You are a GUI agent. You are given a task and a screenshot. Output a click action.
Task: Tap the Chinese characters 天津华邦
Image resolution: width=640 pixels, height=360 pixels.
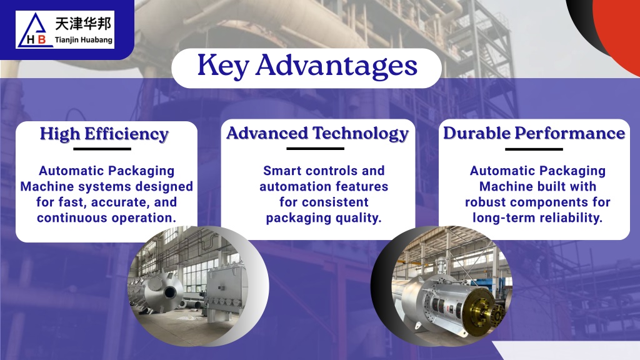click(x=83, y=24)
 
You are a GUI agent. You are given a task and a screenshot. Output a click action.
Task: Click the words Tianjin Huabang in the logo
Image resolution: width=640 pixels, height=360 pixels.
click(x=84, y=40)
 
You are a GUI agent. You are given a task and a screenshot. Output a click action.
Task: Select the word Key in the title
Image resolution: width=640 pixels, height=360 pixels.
click(x=223, y=66)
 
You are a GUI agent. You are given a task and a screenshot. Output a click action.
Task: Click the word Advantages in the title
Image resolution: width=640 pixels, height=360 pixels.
click(x=337, y=66)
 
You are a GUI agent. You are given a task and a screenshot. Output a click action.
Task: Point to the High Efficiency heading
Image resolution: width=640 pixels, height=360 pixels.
click(x=104, y=134)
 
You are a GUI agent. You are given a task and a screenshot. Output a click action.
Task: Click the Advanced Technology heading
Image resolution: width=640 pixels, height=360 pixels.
click(x=317, y=134)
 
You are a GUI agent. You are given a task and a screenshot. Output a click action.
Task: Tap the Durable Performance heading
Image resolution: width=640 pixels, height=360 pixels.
click(x=534, y=133)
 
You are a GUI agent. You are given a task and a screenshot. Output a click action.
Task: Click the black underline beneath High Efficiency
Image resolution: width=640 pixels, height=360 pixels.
click(x=102, y=149)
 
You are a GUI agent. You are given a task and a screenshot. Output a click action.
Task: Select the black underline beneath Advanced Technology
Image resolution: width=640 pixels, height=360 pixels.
click(x=316, y=149)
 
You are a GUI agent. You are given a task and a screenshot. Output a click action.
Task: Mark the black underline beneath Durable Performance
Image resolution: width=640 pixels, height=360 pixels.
click(x=534, y=149)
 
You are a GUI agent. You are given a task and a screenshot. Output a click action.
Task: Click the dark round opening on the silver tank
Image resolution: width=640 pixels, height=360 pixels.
click(x=170, y=292)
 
